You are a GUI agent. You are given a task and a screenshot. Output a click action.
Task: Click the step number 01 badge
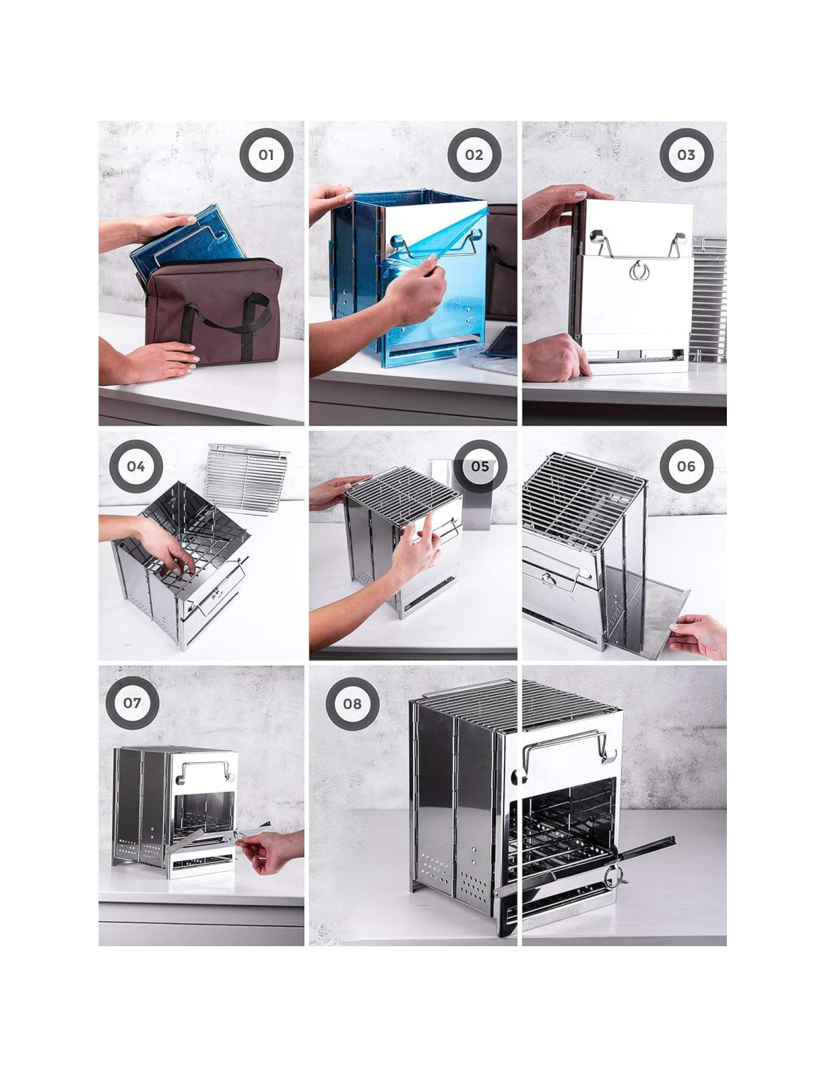266,155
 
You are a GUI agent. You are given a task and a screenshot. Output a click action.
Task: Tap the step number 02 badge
474,155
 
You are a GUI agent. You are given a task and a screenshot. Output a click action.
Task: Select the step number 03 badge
686,155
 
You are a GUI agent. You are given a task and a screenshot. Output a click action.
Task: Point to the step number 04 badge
136,466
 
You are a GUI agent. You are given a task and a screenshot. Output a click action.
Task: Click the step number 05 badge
480,466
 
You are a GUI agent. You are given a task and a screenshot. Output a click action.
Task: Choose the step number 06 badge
686,466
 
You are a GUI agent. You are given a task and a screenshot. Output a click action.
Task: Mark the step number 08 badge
352,704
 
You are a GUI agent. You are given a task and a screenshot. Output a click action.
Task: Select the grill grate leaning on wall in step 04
247,478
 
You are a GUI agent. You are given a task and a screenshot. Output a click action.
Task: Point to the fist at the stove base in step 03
555,357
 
